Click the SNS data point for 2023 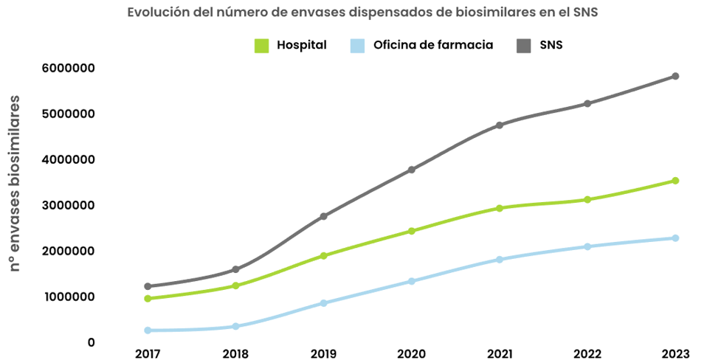(675, 76)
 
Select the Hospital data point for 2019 (323, 256)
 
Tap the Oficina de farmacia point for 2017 (148, 330)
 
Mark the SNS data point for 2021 (499, 125)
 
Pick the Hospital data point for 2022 (587, 200)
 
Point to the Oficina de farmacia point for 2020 (411, 281)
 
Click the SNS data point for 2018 (235, 269)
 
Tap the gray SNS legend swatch (523, 46)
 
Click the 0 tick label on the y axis (91, 343)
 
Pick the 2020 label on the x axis (411, 354)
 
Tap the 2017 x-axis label (148, 354)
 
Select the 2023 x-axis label (675, 354)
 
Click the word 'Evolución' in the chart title (156, 13)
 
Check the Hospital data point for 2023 (675, 181)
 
